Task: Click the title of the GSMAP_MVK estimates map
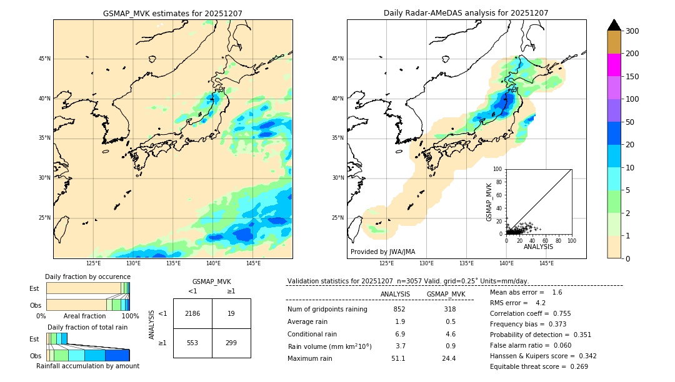pyautogui.click(x=172, y=13)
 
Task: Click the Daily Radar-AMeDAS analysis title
pyautogui.click(x=466, y=13)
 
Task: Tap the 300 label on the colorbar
pyautogui.click(x=632, y=31)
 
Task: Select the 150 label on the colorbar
pyautogui.click(x=632, y=77)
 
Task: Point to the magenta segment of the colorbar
pyautogui.click(x=614, y=65)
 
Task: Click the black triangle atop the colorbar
pyautogui.click(x=614, y=25)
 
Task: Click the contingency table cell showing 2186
pyautogui.click(x=192, y=313)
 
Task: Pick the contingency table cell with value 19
pyautogui.click(x=231, y=313)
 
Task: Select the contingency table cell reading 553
pyautogui.click(x=192, y=343)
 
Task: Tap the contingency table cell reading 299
pyautogui.click(x=231, y=343)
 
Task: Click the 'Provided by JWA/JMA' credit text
pyautogui.click(x=382, y=252)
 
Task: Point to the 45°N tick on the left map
pyautogui.click(x=44, y=59)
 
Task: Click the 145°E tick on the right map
pyautogui.click(x=546, y=263)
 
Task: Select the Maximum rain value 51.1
pyautogui.click(x=398, y=358)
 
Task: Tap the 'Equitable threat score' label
pyautogui.click(x=529, y=366)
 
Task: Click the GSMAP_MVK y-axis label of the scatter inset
pyautogui.click(x=489, y=202)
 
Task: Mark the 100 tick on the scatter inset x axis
pyautogui.click(x=571, y=240)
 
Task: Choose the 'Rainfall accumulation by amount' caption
pyautogui.click(x=88, y=366)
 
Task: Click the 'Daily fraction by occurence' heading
pyautogui.click(x=87, y=277)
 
